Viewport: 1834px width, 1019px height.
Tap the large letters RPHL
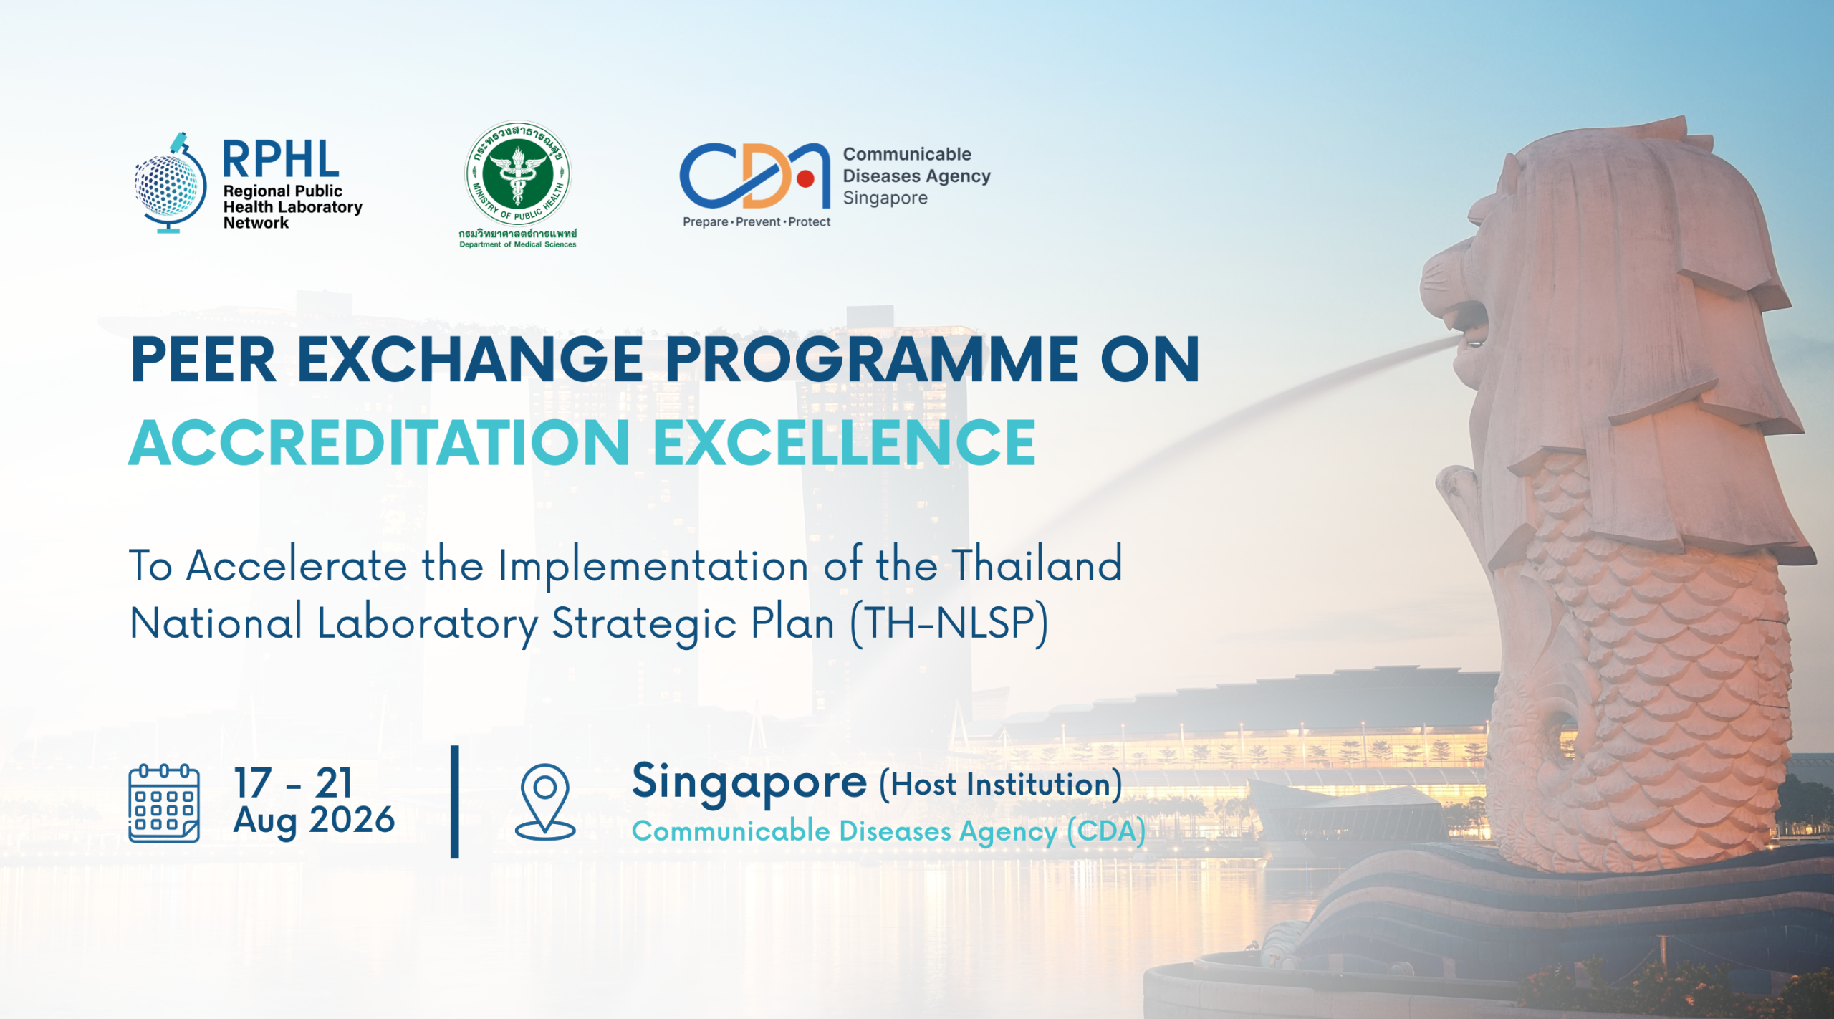[280, 159]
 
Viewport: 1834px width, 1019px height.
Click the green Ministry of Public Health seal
[518, 173]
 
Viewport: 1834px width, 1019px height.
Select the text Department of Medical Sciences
[518, 244]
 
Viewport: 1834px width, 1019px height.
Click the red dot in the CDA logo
[805, 178]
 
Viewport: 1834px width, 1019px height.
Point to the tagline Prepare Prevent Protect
[757, 222]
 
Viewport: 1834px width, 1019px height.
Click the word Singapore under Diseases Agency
[885, 198]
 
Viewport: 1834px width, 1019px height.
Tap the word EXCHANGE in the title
[470, 359]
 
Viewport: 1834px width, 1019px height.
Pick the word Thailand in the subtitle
[1037, 564]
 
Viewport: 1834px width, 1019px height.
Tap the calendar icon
[164, 803]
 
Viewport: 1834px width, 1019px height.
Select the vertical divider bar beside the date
[455, 802]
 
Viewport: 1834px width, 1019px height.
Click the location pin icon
[545, 801]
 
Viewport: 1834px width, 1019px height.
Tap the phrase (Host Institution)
[1001, 785]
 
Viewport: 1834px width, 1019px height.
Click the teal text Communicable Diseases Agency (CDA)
[888, 832]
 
